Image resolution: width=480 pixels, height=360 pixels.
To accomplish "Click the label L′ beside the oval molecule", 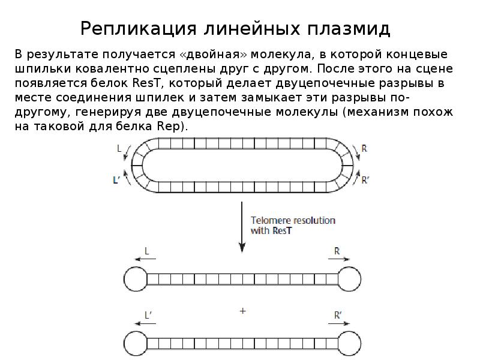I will pyautogui.click(x=117, y=179).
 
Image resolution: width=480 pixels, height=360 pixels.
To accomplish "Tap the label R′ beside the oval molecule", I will pyautogui.click(x=365, y=179).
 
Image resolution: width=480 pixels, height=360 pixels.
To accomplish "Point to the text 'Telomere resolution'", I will pyautogui.click(x=293, y=220).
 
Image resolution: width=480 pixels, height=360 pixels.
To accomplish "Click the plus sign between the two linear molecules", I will pyautogui.click(x=242, y=311).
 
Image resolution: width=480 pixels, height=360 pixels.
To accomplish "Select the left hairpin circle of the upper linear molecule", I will pyautogui.click(x=135, y=278).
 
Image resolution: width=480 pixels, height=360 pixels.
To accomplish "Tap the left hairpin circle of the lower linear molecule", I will pyautogui.click(x=135, y=343).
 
